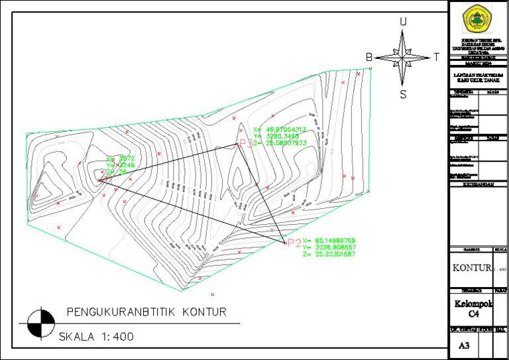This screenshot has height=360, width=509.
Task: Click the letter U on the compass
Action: pos(402,22)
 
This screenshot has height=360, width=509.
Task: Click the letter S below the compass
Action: pos(402,93)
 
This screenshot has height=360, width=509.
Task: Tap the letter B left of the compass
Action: pos(369,58)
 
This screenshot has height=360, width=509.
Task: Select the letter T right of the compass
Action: pos(436,58)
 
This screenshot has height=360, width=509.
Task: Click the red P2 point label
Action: pos(292,243)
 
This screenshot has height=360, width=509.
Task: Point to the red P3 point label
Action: pos(245,143)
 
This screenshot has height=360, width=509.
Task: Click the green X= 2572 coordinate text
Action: pos(121,158)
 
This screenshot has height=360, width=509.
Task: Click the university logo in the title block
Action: pos(478,19)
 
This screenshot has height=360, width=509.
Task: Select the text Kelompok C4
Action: pos(473,309)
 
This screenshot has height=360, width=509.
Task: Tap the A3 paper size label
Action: pos(463,345)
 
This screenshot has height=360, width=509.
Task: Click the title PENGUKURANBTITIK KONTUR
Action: pos(146,312)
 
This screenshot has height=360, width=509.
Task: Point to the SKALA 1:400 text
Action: pos(96,337)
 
